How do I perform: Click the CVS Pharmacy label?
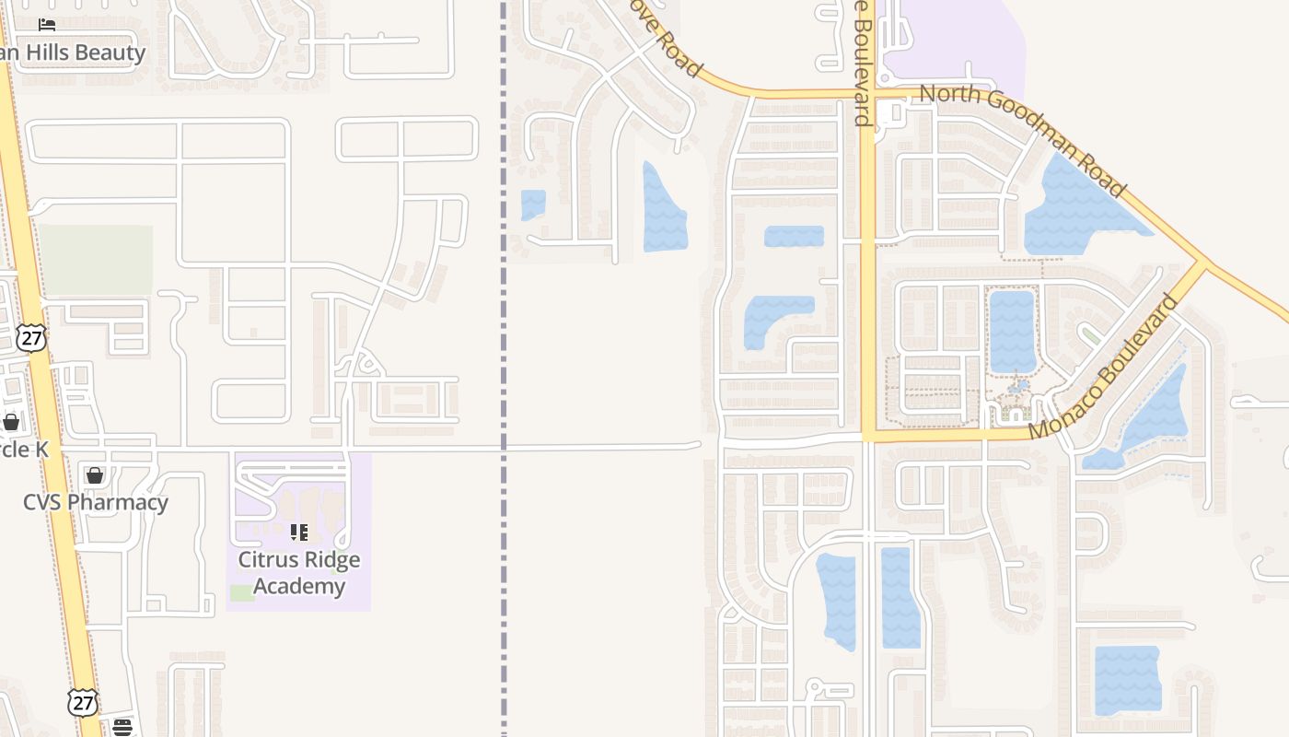(x=96, y=503)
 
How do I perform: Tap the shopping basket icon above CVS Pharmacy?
(x=94, y=475)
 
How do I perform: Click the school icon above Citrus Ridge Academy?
(x=299, y=532)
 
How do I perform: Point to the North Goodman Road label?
(x=1022, y=139)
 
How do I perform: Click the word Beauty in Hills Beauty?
(x=110, y=53)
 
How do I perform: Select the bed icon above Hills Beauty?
(x=47, y=24)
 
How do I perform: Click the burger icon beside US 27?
(x=122, y=728)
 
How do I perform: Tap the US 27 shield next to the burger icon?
(x=82, y=702)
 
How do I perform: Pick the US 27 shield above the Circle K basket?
(x=31, y=337)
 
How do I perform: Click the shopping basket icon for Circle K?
(x=10, y=422)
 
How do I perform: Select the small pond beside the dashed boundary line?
(x=533, y=204)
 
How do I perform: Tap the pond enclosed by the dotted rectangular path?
(x=1012, y=331)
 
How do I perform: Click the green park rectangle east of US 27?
(x=95, y=260)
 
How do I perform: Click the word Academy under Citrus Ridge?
(x=299, y=586)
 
